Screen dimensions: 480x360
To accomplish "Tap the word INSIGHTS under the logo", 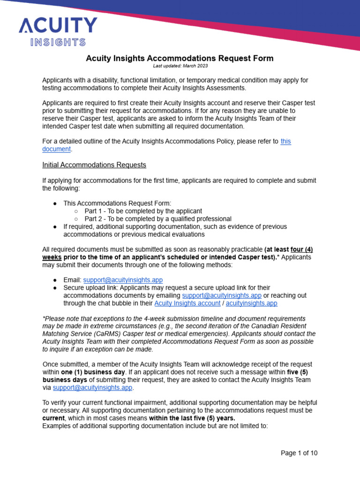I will point(58,42).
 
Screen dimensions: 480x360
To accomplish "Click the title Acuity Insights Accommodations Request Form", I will point(180,58).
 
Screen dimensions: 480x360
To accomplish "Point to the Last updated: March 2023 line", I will point(180,66).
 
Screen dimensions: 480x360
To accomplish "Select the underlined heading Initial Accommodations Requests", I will point(94,165).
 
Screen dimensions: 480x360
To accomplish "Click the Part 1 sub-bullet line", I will point(143,211).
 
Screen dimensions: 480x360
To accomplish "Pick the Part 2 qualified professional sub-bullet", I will point(157,219).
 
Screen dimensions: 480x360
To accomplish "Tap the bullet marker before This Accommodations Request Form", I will point(55,203).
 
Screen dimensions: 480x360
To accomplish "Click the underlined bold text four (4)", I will point(302,250).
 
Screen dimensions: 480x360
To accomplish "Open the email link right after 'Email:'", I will point(123,279).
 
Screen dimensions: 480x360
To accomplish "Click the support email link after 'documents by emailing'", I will point(222,295).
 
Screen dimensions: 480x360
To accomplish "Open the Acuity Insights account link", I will point(187,303).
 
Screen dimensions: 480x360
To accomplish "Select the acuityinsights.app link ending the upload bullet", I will point(251,303).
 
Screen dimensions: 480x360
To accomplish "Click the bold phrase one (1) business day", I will point(93,372).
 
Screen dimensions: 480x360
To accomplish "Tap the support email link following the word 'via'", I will point(93,388).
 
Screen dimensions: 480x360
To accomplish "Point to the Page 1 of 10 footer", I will point(299,453).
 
